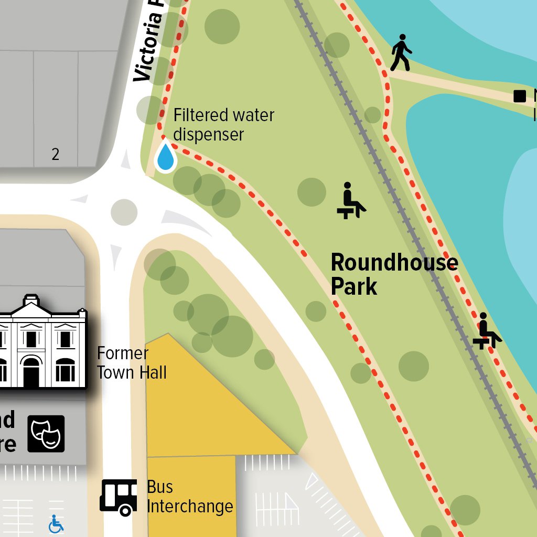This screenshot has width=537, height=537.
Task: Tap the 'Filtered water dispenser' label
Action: pyautogui.click(x=223, y=124)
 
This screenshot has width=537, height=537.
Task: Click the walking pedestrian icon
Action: pyautogui.click(x=401, y=52)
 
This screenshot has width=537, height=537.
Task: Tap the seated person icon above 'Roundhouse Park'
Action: pyautogui.click(x=350, y=201)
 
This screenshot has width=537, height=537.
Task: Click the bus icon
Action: pyautogui.click(x=119, y=497)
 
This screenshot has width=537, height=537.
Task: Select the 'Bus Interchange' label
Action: pyautogui.click(x=189, y=497)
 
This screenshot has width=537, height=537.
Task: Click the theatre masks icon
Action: pyautogui.click(x=46, y=434)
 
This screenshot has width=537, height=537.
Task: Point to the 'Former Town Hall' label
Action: pyautogui.click(x=132, y=363)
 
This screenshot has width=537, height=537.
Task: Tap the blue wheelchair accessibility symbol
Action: pyautogui.click(x=56, y=523)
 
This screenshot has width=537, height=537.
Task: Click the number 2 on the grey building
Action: pyautogui.click(x=56, y=154)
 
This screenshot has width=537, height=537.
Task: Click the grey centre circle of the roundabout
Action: pyautogui.click(x=124, y=212)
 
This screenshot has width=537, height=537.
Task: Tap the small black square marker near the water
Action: pyautogui.click(x=519, y=96)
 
